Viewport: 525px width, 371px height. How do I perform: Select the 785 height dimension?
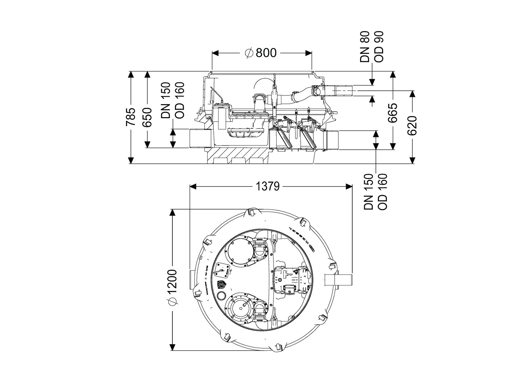click(x=131, y=117)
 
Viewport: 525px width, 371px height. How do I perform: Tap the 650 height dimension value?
click(x=147, y=117)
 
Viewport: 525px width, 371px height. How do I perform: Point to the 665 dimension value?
click(x=392, y=113)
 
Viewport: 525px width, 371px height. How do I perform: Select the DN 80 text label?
click(x=365, y=47)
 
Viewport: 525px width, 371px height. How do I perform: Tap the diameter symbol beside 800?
click(x=249, y=53)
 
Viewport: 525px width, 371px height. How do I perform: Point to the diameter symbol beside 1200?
click(x=173, y=301)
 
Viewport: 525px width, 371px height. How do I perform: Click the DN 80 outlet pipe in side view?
click(x=340, y=91)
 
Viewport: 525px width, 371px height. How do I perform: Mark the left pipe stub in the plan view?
click(x=192, y=280)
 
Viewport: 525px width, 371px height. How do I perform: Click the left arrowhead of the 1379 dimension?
click(x=192, y=187)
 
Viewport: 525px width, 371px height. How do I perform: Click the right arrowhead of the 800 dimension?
click(x=309, y=53)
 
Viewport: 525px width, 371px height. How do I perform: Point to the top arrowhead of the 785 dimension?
click(x=131, y=74)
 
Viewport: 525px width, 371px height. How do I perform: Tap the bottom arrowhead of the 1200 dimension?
click(x=173, y=348)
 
